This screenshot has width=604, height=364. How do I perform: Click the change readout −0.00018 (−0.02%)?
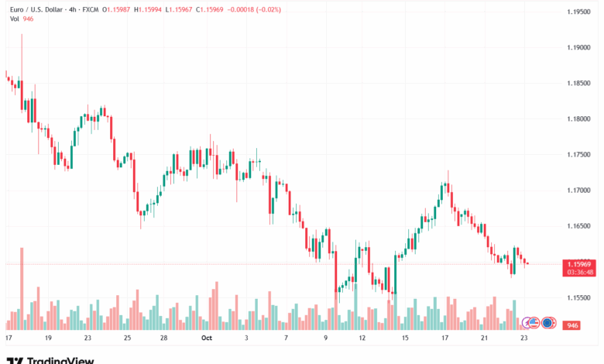pyautogui.click(x=254, y=9)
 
